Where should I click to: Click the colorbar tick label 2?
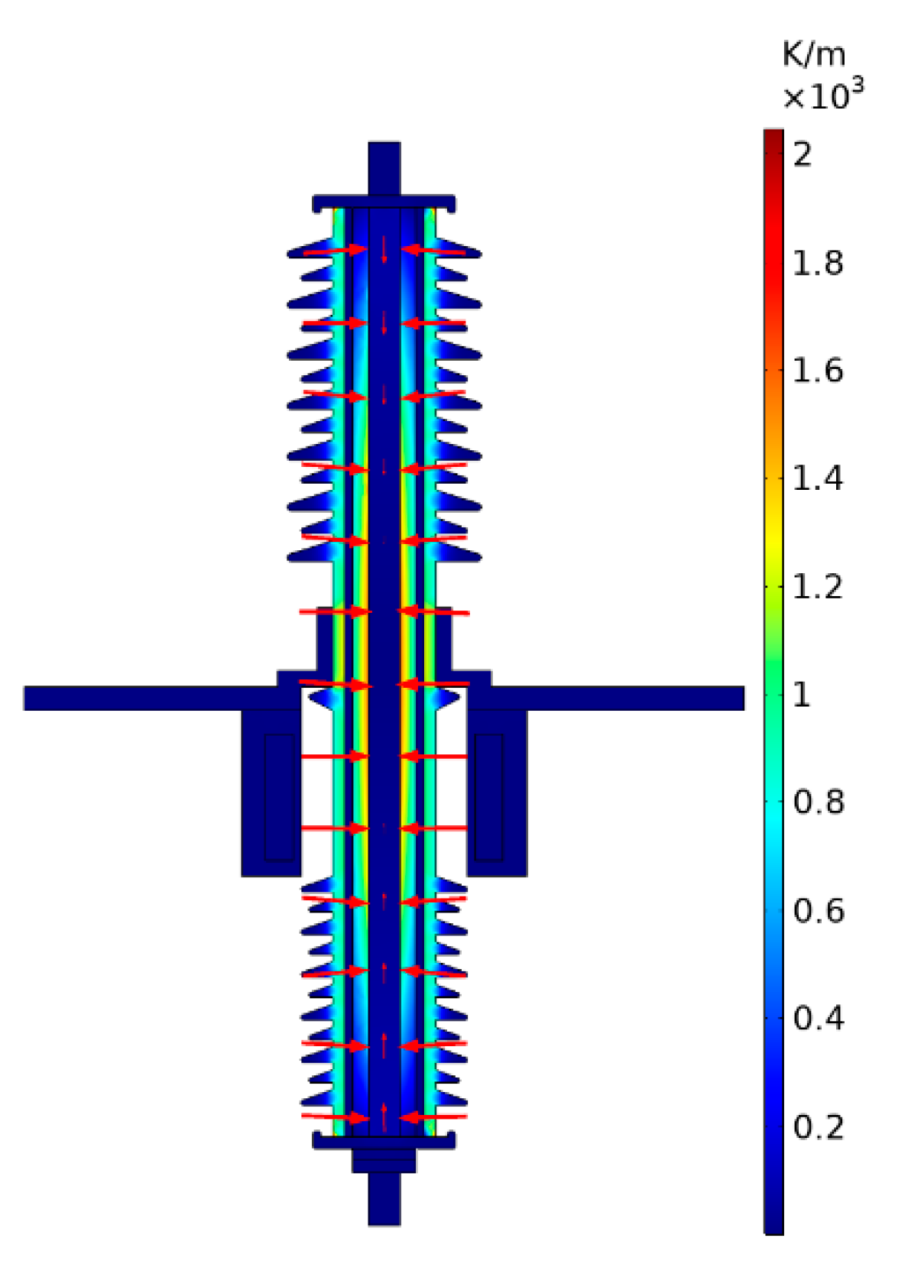[802, 155]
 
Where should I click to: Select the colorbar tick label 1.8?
[817, 264]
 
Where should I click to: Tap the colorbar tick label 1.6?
[817, 371]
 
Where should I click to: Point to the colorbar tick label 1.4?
[817, 479]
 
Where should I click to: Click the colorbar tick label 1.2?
[817, 588]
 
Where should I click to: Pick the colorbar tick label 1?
[801, 695]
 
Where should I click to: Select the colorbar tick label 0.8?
[818, 803]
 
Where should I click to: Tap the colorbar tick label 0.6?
[818, 911]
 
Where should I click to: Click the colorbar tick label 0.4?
[818, 1019]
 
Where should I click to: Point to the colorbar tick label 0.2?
[818, 1127]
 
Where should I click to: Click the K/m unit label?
[814, 55]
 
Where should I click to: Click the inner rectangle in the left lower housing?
[279, 797]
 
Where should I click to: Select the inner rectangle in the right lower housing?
[489, 797]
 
